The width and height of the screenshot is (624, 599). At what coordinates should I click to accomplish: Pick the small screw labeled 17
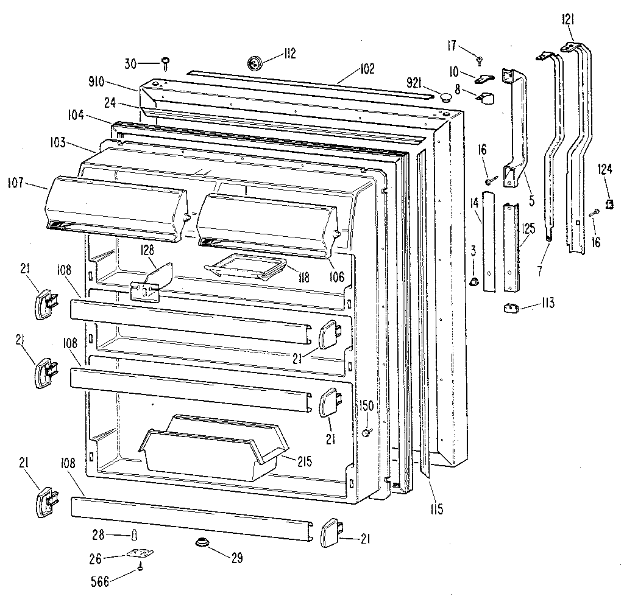[x=480, y=59]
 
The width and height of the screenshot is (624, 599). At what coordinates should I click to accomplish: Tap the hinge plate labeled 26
[x=140, y=554]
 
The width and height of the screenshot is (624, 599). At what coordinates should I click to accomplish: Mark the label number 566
[x=99, y=582]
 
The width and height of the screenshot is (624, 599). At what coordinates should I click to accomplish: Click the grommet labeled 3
[x=473, y=281]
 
